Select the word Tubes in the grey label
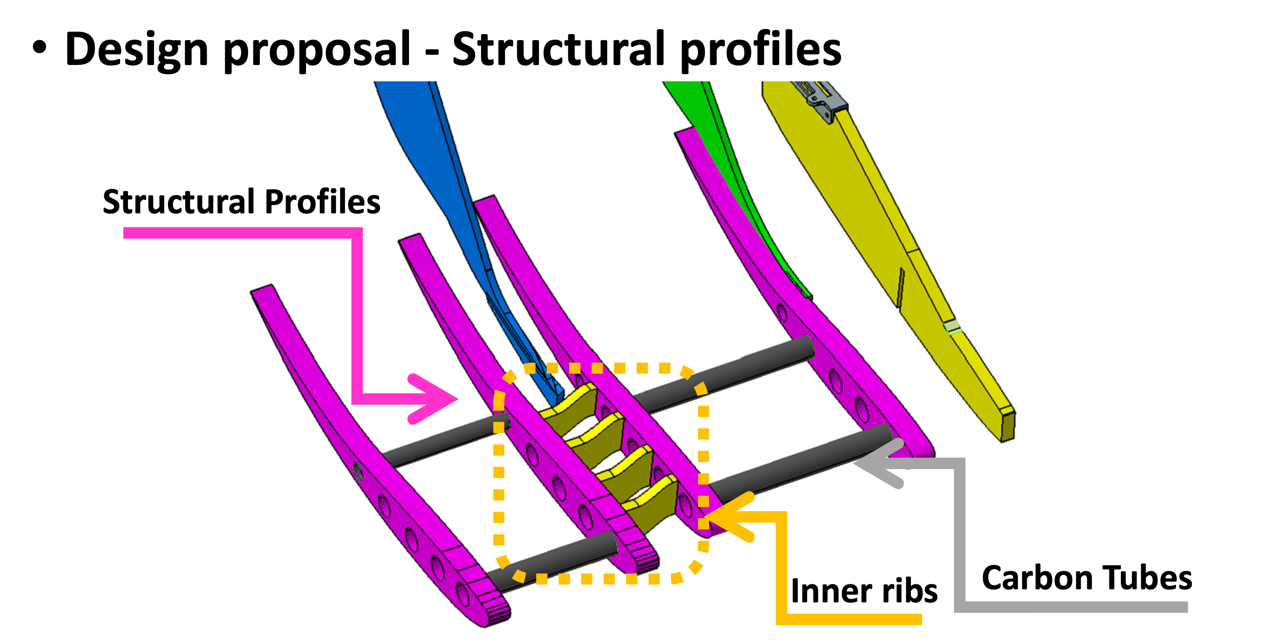pos(1148,578)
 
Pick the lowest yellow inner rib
pos(651,502)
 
